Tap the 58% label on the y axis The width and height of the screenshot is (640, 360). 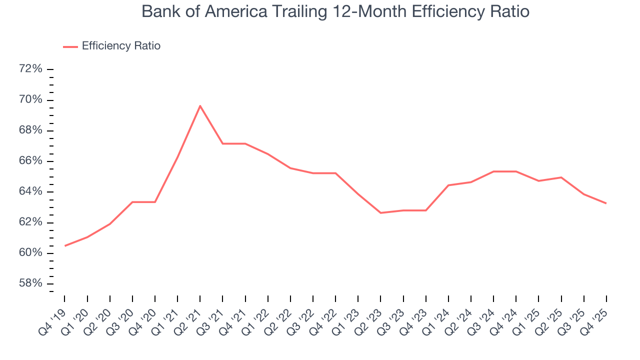[30, 283]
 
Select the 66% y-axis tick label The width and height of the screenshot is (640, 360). [30, 161]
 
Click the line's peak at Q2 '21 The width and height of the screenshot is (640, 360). [200, 105]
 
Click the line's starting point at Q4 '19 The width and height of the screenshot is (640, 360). [65, 245]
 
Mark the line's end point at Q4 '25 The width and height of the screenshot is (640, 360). [606, 203]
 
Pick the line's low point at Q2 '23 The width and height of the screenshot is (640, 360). [380, 213]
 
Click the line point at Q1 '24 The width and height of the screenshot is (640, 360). [448, 185]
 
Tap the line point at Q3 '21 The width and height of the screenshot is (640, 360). [222, 143]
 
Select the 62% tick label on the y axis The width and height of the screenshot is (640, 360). [30, 222]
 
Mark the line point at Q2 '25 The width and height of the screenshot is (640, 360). [561, 177]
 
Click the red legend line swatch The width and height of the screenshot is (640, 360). [70, 46]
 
